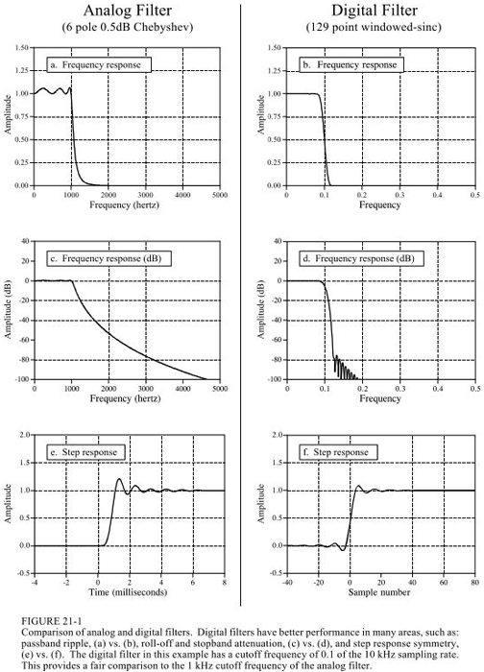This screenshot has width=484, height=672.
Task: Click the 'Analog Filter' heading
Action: pyautogui.click(x=128, y=10)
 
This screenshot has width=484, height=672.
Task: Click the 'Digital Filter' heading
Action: pyautogui.click(x=375, y=10)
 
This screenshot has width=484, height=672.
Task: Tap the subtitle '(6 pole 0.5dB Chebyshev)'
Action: pyautogui.click(x=128, y=28)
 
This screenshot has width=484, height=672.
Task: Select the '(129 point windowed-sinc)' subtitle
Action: pyautogui.click(x=374, y=28)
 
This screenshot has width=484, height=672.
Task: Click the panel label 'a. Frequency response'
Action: pyautogui.click(x=99, y=65)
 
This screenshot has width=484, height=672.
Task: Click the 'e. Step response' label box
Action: pyautogui.click(x=87, y=452)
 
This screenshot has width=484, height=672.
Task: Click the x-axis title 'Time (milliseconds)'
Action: pyautogui.click(x=128, y=592)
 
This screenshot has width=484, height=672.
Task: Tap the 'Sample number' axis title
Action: pyautogui.click(x=379, y=592)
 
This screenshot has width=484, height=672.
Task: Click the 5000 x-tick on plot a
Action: pyautogui.click(x=220, y=195)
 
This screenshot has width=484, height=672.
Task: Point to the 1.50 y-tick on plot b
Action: pyautogui.click(x=274, y=48)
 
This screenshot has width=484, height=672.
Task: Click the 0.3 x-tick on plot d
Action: pyautogui.click(x=400, y=389)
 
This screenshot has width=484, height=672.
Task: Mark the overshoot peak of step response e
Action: pyautogui.click(x=119, y=479)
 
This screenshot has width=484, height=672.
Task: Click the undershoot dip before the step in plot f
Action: pyautogui.click(x=343, y=550)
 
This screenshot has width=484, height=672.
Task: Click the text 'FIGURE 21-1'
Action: pyautogui.click(x=52, y=621)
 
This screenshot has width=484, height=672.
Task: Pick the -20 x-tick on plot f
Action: pyautogui.click(x=318, y=583)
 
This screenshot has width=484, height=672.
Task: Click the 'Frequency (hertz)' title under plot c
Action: pyautogui.click(x=125, y=399)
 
